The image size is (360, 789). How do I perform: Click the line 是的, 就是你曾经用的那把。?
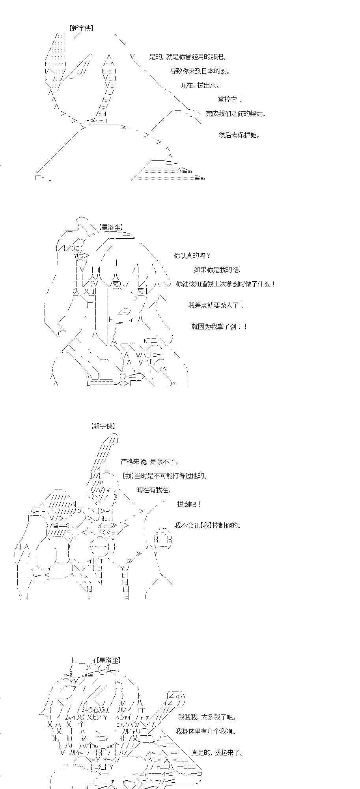click(x=188, y=57)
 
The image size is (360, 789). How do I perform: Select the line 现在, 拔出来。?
click(x=200, y=85)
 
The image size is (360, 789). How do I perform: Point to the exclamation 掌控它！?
click(x=229, y=99)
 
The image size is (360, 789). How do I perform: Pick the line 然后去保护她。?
click(x=239, y=135)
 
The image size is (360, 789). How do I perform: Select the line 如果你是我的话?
click(x=217, y=270)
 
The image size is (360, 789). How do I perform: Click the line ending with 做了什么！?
click(x=226, y=284)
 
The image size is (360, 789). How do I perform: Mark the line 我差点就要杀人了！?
click(x=216, y=305)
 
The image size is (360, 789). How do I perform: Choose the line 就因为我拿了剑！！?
click(x=220, y=327)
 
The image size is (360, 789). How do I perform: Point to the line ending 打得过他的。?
click(x=165, y=476)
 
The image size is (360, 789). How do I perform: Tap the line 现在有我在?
click(x=154, y=490)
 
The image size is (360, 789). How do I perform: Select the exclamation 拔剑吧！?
click(x=190, y=504)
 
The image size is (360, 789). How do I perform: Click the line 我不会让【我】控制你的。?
click(x=208, y=525)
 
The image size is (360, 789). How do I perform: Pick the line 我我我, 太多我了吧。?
click(x=207, y=717)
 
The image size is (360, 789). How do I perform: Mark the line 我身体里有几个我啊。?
click(x=206, y=731)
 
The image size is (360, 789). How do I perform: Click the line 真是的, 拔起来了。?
click(x=217, y=753)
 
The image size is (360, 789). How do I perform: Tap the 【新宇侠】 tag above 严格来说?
click(x=103, y=426)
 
